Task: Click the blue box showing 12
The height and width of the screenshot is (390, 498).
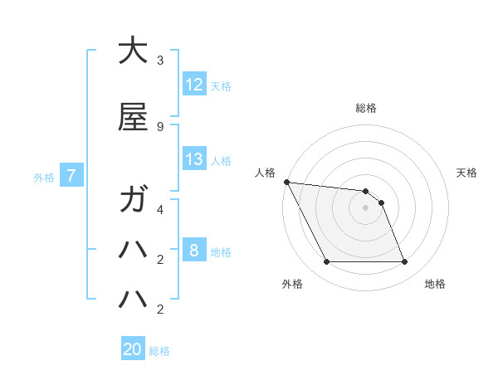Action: pyautogui.click(x=194, y=84)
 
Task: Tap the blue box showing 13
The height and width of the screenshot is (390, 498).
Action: pyautogui.click(x=194, y=159)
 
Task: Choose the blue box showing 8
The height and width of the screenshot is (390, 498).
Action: pyautogui.click(x=194, y=251)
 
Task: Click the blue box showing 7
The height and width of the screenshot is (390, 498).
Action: pyautogui.click(x=72, y=175)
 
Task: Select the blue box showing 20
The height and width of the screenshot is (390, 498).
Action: pyautogui.click(x=133, y=349)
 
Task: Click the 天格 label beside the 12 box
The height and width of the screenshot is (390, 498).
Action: pyautogui.click(x=221, y=85)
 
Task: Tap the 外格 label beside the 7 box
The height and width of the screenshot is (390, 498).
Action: pyautogui.click(x=44, y=177)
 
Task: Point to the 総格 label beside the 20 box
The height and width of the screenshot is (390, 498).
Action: pyautogui.click(x=159, y=351)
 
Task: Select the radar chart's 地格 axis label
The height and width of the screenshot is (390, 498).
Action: pyautogui.click(x=435, y=284)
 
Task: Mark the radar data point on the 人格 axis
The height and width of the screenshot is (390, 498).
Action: pyautogui.click(x=286, y=182)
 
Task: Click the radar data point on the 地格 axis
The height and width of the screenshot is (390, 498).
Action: pyautogui.click(x=405, y=262)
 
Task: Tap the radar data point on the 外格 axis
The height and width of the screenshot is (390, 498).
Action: pyautogui.click(x=326, y=262)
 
